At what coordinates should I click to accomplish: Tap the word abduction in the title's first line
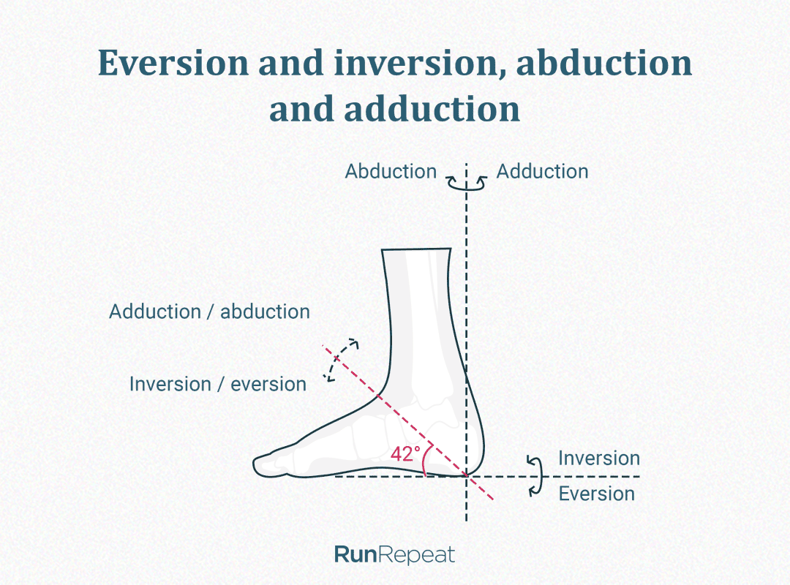coord(604,64)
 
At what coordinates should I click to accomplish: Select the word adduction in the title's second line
coord(431,110)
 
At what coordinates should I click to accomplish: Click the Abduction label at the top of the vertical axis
coord(391,172)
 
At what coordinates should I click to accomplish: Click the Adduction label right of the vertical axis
coord(542,172)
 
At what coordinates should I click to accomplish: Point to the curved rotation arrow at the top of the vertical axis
coord(467,184)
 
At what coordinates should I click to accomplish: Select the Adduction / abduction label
coord(209,312)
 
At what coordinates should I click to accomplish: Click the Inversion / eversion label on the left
coord(217,384)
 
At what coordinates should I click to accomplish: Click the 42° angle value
coord(405,453)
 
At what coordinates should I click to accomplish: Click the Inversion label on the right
coord(598,458)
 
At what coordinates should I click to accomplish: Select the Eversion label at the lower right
coord(596,494)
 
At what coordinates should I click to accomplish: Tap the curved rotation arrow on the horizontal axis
coord(537,475)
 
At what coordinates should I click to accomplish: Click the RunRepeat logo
coord(394,554)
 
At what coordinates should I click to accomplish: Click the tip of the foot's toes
coord(255,464)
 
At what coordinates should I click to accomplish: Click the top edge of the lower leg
coord(415,251)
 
